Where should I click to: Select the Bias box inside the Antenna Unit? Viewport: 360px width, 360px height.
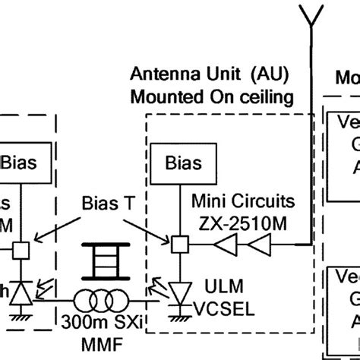(x=181, y=162)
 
